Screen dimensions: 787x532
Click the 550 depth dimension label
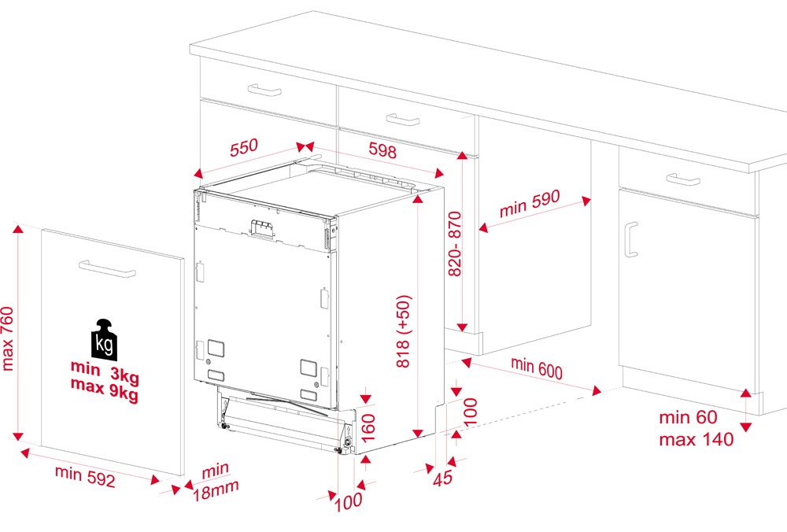244,147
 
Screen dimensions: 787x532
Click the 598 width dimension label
382,150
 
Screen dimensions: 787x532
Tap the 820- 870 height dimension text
455,243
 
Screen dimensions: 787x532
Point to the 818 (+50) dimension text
404,331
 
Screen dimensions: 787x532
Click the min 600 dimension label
537,368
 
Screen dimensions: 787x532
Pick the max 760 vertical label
8,338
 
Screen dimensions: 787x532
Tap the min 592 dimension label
85,476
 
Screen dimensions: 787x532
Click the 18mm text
216,490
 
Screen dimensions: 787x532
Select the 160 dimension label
368,427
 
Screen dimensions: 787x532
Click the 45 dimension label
442,478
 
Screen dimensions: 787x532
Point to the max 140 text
696,440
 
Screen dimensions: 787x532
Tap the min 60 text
688,417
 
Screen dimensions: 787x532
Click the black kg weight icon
104,340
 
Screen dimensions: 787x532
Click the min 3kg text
105,371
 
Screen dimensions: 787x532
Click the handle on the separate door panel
107,268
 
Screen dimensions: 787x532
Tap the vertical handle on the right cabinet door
631,239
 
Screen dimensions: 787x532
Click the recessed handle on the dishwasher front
263,228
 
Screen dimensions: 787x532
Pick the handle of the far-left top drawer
264,90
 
